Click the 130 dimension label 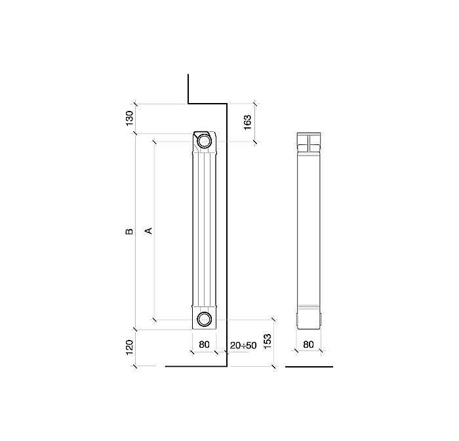pyautogui.click(x=130, y=118)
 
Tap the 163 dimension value pyautogui.click(x=247, y=123)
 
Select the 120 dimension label pyautogui.click(x=130, y=347)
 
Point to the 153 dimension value pyautogui.click(x=268, y=341)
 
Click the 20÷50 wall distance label pyautogui.click(x=243, y=345)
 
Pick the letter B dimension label pyautogui.click(x=129, y=232)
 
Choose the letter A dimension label pyautogui.click(x=149, y=231)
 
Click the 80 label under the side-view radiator pyautogui.click(x=308, y=345)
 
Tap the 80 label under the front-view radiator pyautogui.click(x=204, y=345)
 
